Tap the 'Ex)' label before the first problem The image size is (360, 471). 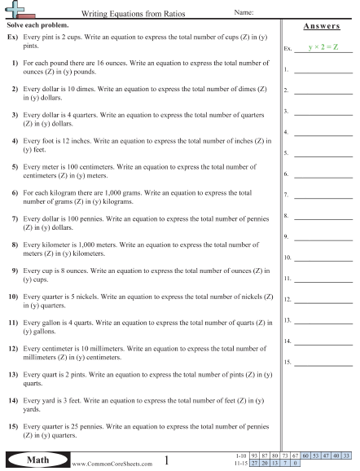[x=12, y=38]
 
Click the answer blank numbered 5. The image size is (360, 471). [x=323, y=152]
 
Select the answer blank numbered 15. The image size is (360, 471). [x=323, y=361]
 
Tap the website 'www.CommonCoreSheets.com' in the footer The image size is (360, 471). [x=113, y=463]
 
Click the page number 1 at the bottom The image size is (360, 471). [x=166, y=460]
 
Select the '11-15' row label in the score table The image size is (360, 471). [x=239, y=464]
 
